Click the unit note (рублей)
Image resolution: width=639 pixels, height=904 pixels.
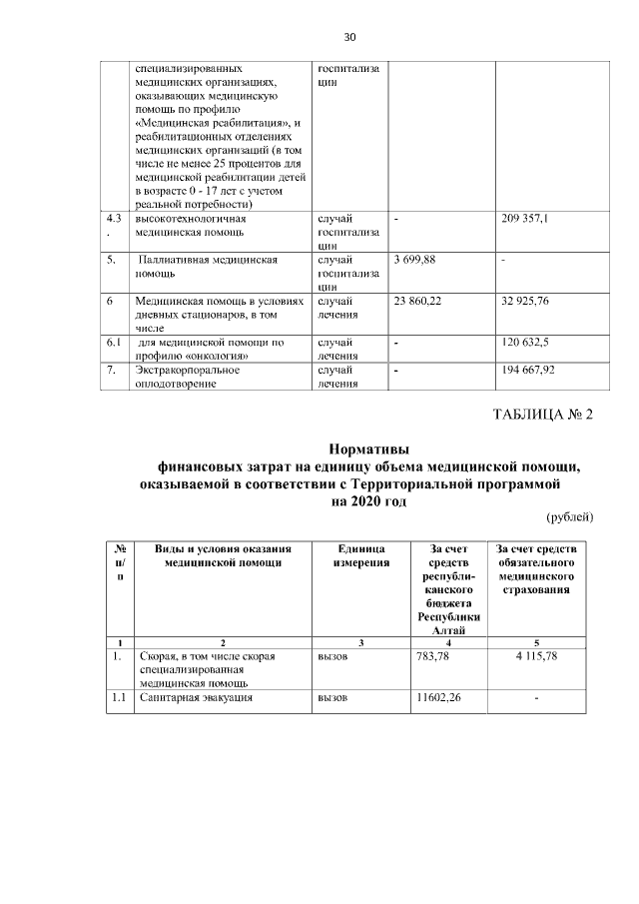pyautogui.click(x=570, y=517)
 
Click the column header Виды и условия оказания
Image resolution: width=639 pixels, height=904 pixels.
pyautogui.click(x=223, y=548)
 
